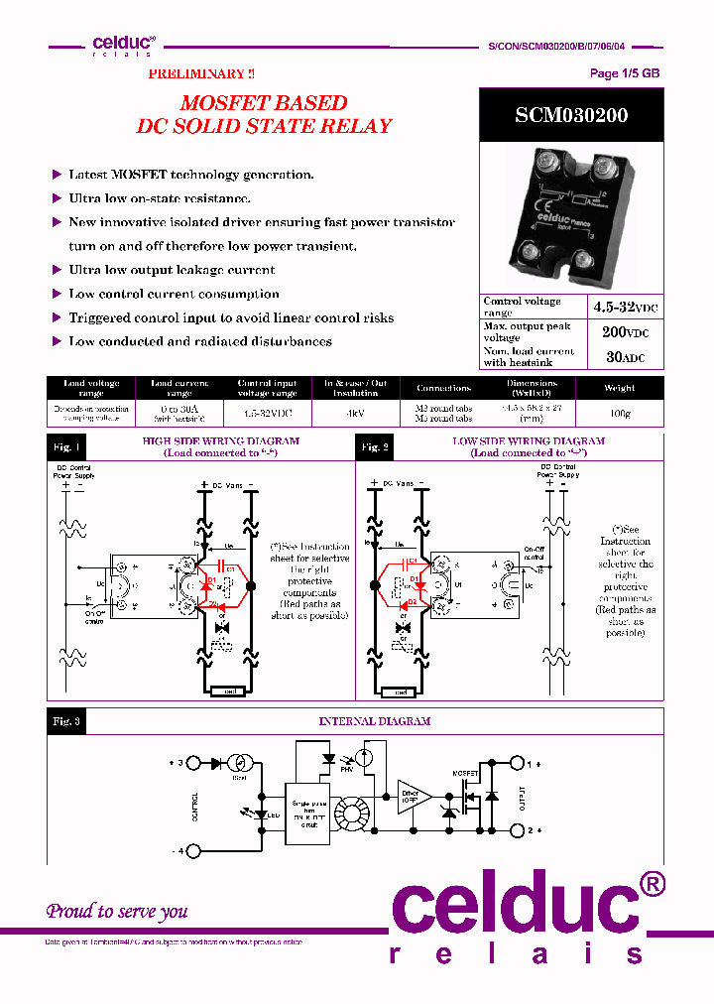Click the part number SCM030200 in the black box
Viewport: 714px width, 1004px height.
click(570, 115)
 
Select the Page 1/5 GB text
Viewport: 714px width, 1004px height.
click(624, 73)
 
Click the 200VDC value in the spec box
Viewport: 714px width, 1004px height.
click(625, 332)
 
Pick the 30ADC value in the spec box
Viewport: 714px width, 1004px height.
click(625, 357)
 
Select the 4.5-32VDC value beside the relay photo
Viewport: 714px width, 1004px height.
click(625, 308)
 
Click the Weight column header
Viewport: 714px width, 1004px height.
click(619, 389)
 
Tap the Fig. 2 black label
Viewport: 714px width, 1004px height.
click(374, 447)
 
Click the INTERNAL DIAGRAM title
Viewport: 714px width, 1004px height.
click(374, 721)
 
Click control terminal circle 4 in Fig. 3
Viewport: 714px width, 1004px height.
click(196, 851)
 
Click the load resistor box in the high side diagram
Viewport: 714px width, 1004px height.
click(229, 691)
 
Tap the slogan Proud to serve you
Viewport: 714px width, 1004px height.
click(117, 911)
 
